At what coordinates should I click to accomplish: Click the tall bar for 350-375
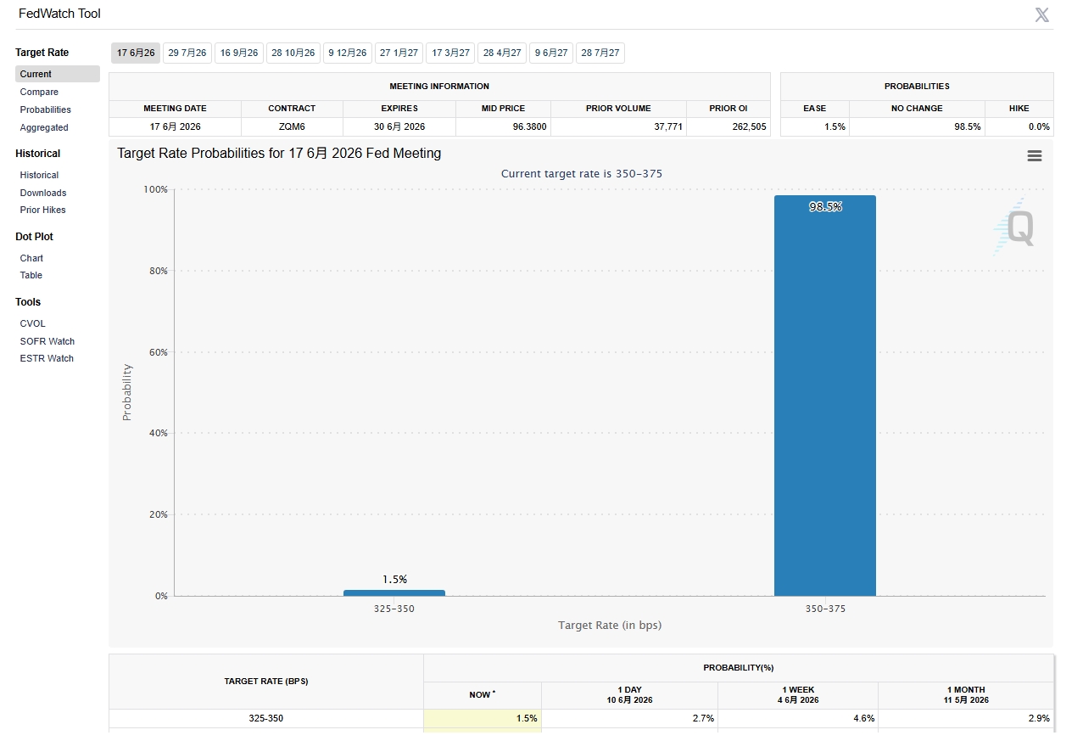tap(825, 396)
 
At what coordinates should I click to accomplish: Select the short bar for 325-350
tap(394, 593)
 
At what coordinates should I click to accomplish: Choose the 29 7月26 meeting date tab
tap(187, 53)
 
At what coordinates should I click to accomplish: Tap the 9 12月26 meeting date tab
tap(347, 53)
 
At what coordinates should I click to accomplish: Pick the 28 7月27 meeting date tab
tap(600, 53)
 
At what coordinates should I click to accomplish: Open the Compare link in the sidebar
tap(39, 92)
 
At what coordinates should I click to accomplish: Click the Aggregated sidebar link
tap(44, 127)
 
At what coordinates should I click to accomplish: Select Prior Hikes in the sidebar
tap(42, 210)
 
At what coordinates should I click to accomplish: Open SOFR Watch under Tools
tap(47, 341)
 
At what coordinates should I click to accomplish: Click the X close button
tap(1042, 15)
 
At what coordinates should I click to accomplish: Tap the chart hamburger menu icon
tap(1035, 156)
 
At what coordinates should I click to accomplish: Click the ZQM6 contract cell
tap(292, 126)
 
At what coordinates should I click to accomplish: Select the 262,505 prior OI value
tap(749, 126)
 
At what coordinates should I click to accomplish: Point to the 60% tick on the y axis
tap(158, 352)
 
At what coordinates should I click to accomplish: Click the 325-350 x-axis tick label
tap(394, 609)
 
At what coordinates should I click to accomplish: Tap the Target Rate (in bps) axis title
tap(610, 626)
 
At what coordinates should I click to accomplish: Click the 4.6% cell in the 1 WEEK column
tap(864, 718)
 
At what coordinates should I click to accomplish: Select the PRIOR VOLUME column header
tap(618, 109)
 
